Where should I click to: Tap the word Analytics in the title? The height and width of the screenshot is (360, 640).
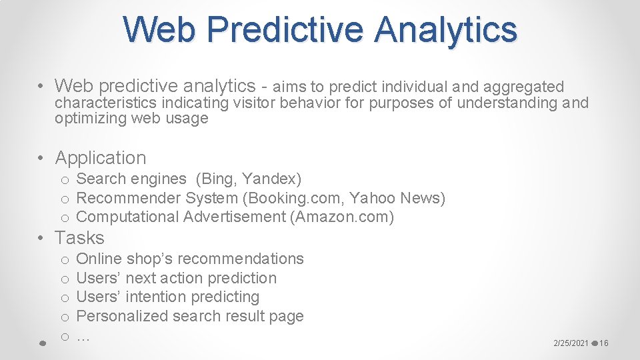point(445,29)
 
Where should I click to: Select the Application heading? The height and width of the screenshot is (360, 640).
point(100,158)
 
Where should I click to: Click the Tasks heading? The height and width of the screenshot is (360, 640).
point(79,238)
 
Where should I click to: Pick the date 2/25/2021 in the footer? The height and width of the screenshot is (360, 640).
point(571,343)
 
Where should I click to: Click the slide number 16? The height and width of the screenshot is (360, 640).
point(604,343)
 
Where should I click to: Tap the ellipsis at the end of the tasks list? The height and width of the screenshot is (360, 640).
point(83,336)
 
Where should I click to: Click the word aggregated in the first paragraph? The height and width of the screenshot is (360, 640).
point(523,87)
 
